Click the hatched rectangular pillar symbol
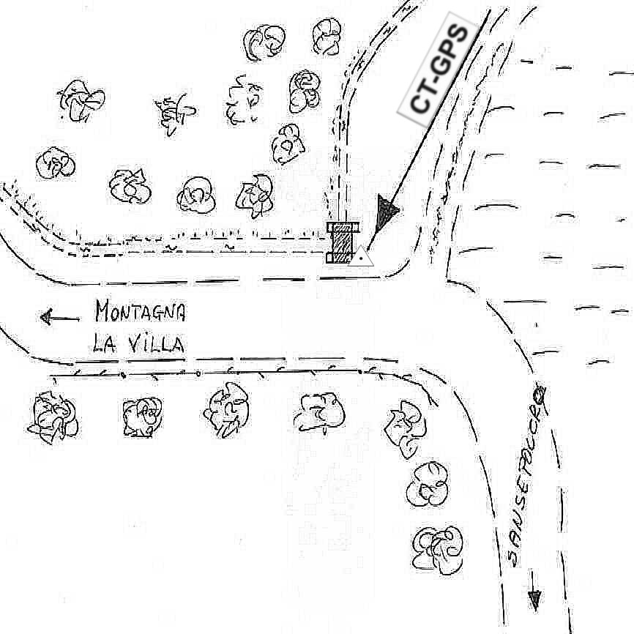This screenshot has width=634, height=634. (342, 241)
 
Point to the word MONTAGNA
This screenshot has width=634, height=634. (140, 313)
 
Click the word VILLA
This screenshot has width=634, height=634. (156, 343)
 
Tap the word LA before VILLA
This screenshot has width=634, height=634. (105, 343)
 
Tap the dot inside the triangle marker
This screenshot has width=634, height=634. (362, 258)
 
